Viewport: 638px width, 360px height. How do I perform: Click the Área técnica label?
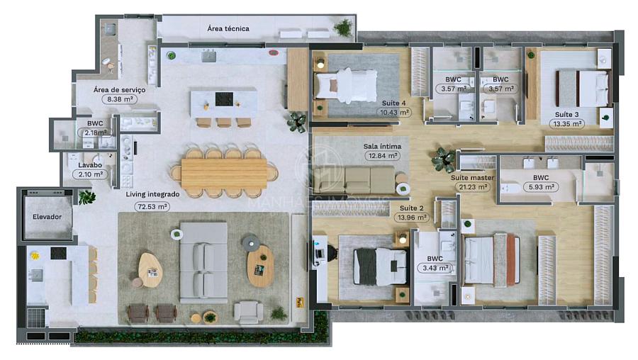pos(228,28)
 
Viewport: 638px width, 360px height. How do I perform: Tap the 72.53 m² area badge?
pos(152,207)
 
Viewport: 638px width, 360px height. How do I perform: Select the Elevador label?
pos(47,217)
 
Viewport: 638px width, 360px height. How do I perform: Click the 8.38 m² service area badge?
pos(119,99)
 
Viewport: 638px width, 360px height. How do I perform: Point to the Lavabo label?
pos(90,165)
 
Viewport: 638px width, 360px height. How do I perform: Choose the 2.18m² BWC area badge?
pos(96,133)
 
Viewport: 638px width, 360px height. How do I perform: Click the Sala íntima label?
pos(382,147)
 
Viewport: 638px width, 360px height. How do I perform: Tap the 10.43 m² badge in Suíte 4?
pos(394,113)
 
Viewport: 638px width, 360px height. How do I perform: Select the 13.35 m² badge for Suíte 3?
pos(567,124)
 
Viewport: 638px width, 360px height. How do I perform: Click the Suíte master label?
pos(472,178)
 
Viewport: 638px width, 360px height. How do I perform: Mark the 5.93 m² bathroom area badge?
pos(541,187)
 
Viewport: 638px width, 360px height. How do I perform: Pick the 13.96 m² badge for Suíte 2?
pos(411,218)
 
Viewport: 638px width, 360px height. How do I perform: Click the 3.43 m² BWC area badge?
pos(435,268)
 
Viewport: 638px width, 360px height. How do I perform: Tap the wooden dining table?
pos(224,174)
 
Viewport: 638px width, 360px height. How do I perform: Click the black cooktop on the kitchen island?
pos(224,99)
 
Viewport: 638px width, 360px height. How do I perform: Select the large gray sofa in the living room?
pos(203,262)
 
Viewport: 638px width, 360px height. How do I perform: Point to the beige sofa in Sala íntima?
pos(354,180)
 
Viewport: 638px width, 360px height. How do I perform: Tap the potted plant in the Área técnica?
pos(344,28)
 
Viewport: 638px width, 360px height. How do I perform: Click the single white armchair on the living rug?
pos(248,312)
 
